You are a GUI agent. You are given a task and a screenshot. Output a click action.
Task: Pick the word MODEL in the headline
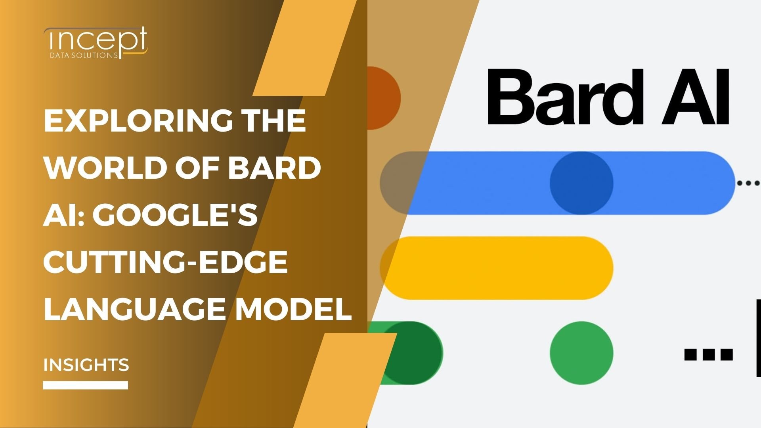294,309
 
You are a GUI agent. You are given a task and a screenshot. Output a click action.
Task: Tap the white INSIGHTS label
86,365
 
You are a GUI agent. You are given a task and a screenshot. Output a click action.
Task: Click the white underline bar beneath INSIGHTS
85,385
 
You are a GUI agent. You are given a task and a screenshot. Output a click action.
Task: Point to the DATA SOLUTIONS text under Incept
83,55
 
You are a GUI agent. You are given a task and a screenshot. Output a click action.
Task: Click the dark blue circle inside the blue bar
581,183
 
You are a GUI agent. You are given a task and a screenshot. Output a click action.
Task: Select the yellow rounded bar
496,268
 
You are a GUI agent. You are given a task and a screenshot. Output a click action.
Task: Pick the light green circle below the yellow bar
581,353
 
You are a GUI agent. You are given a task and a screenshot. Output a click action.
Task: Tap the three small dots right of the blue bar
749,183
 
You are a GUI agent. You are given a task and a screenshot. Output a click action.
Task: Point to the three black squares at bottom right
708,354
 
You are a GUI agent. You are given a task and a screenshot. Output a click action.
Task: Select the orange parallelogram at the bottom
345,380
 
